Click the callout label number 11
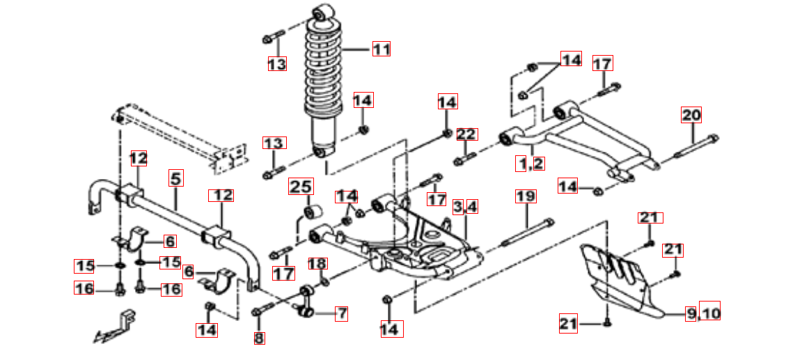click(380, 49)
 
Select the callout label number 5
click(175, 178)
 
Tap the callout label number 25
click(301, 187)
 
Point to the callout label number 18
click(317, 264)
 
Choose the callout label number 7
click(340, 313)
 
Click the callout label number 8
click(259, 338)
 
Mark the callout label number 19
click(526, 196)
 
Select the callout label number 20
click(691, 115)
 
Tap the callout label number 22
click(466, 134)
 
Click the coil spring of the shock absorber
click(324, 70)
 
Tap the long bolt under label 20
click(696, 149)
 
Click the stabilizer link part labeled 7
click(307, 301)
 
